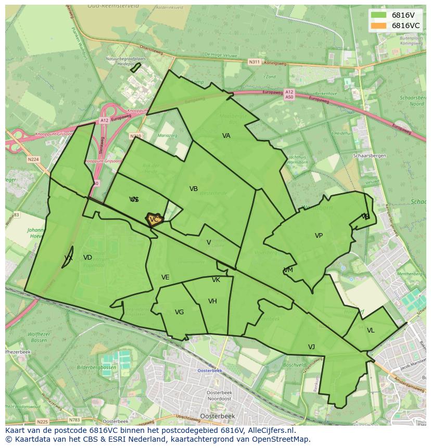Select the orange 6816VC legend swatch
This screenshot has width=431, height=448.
[378, 25]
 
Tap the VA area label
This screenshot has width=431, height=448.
[226, 136]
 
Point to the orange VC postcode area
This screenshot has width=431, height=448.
[154, 220]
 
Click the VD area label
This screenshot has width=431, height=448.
[87, 258]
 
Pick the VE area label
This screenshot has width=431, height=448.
[165, 277]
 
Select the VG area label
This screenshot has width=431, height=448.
[179, 312]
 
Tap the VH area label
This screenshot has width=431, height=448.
[212, 301]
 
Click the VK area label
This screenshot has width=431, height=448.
[216, 280]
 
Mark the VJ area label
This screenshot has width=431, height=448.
[311, 347]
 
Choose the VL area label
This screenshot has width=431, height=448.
[371, 330]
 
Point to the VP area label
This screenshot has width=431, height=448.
[319, 236]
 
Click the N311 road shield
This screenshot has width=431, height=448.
[254, 62]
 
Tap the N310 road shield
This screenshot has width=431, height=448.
[135, 136]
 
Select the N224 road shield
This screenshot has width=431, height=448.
[33, 159]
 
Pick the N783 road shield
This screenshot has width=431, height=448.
[74, 420]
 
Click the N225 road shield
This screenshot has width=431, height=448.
[43, 421]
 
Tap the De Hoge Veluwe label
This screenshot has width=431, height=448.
[220, 54]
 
